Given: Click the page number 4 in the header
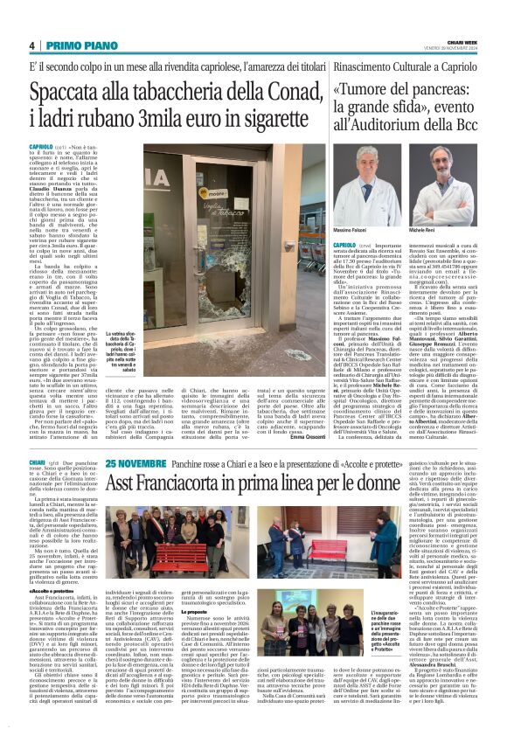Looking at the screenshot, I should coord(32,45).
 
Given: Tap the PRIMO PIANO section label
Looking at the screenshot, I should coord(73,45).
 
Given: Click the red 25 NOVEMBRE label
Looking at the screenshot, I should coord(134,461).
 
